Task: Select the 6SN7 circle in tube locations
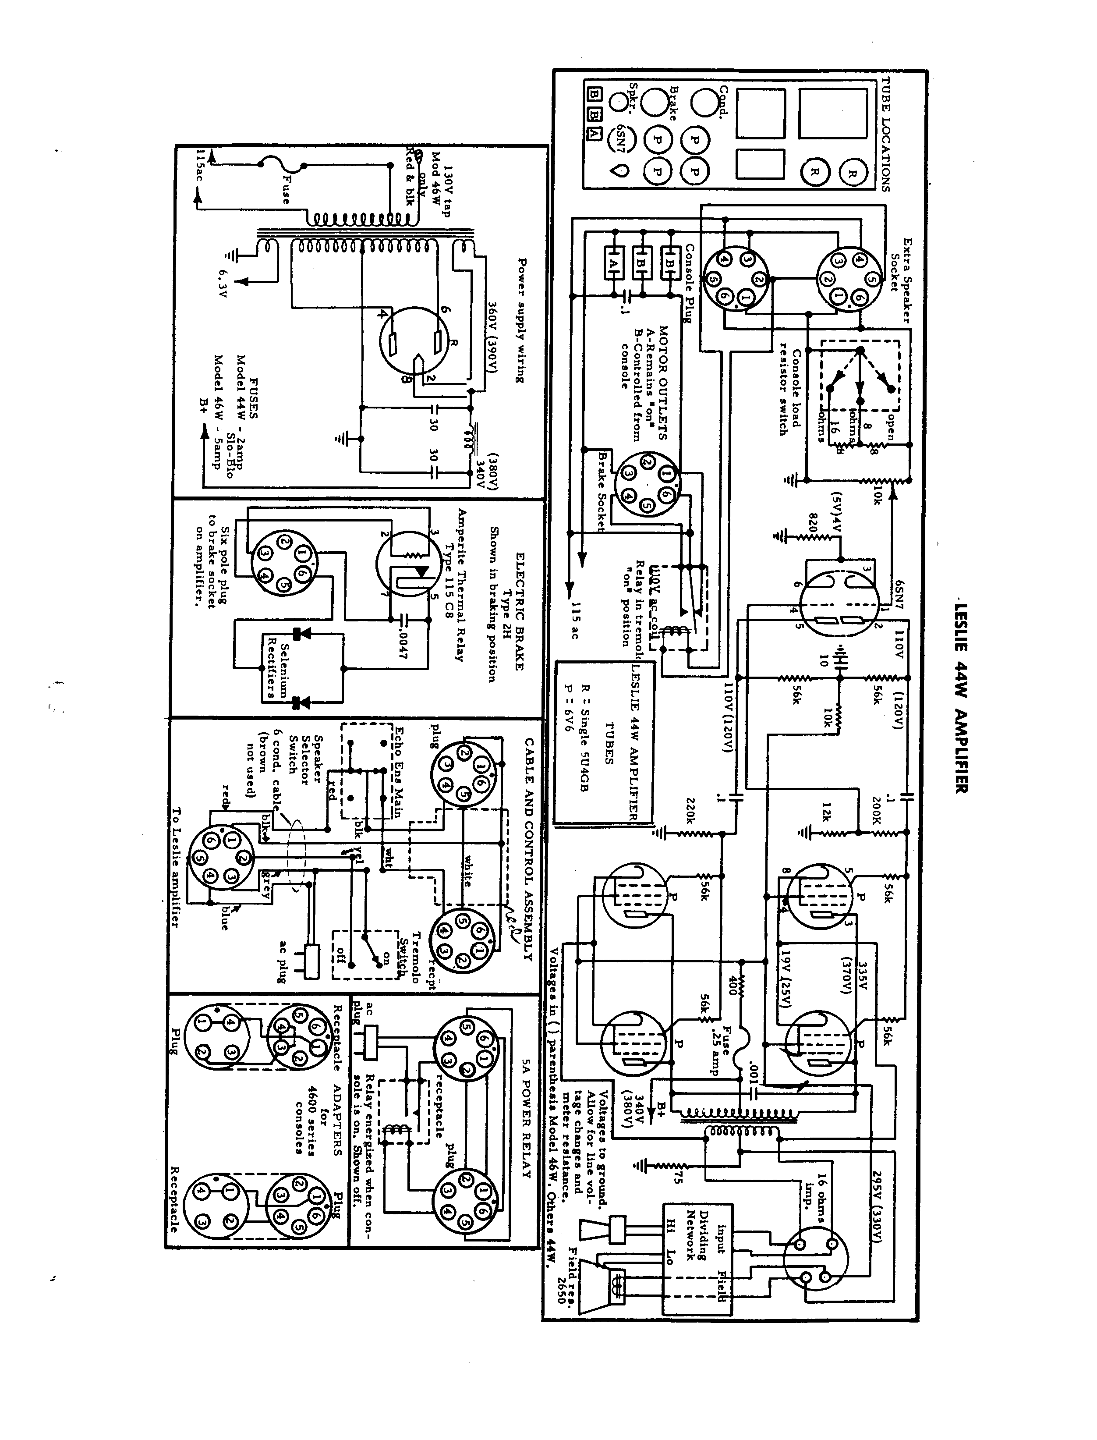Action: point(618,139)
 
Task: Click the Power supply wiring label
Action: point(521,320)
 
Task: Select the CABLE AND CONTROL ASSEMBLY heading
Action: point(528,849)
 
